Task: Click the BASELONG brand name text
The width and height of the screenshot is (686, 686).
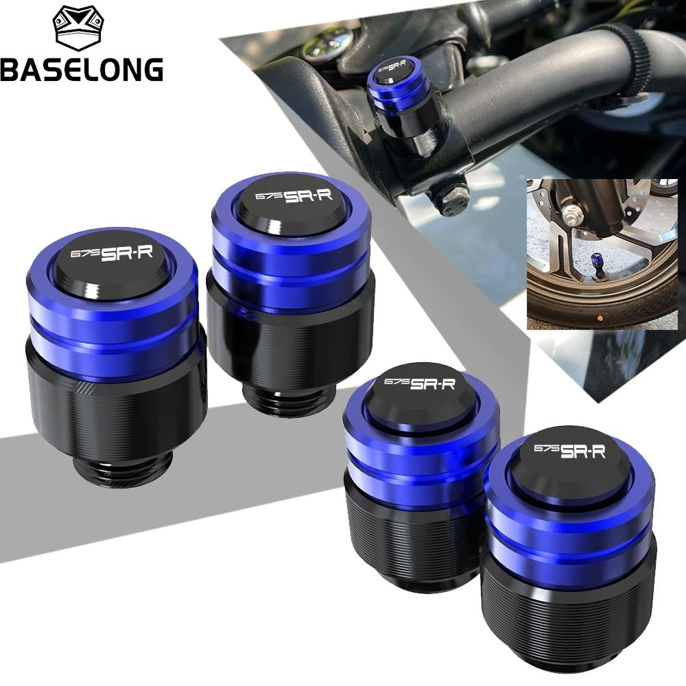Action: pyautogui.click(x=82, y=69)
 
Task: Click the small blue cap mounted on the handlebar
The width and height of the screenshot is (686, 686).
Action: pyautogui.click(x=394, y=75)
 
